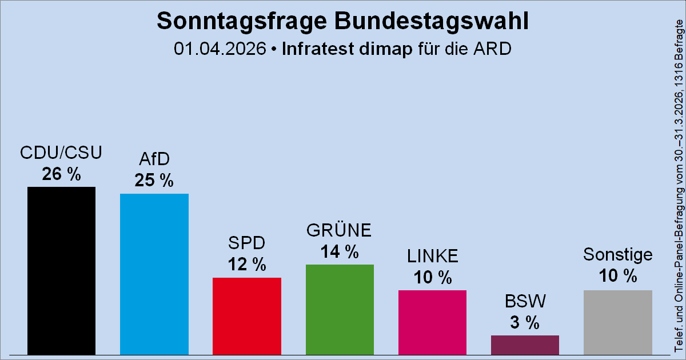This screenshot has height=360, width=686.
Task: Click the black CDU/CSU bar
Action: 61,271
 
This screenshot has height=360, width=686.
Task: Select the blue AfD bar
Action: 154,274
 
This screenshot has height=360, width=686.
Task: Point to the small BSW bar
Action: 525,345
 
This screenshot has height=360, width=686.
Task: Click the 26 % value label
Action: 61,174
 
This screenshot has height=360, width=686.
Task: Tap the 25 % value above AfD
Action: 154,181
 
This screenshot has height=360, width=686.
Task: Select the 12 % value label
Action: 246,265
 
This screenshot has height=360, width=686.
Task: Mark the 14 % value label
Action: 340,251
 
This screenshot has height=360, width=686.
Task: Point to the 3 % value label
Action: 525,323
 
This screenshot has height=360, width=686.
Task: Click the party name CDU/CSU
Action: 61,154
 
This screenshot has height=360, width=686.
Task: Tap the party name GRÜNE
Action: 340,231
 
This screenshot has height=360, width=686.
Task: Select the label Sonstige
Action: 617,254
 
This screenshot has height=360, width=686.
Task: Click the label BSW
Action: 525,301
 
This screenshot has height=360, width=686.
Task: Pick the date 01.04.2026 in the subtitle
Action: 221,49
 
